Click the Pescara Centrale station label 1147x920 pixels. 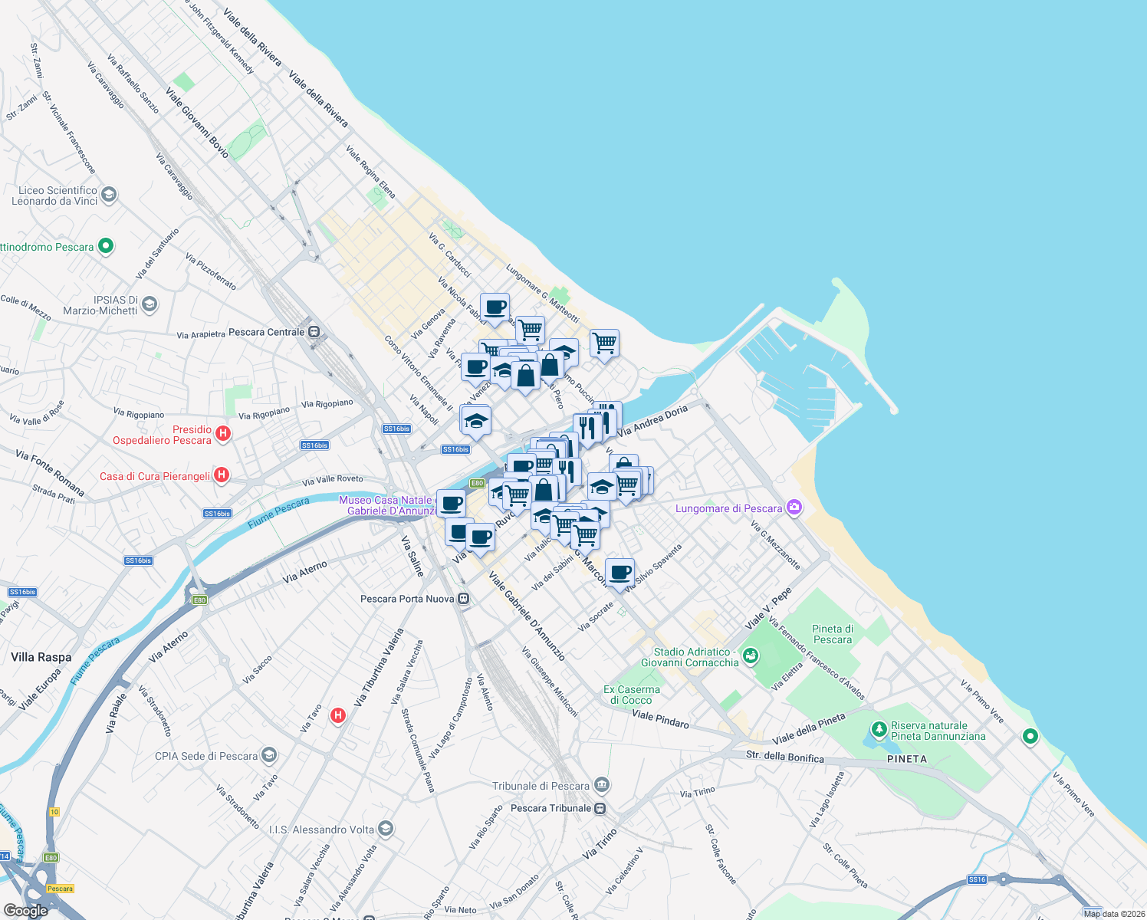point(267,332)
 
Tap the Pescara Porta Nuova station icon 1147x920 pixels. point(464,599)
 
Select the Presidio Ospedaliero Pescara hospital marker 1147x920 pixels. point(223,434)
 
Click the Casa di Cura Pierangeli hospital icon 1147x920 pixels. point(221,475)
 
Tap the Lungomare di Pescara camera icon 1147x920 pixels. point(794,508)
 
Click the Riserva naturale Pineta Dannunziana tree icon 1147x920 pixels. point(879,728)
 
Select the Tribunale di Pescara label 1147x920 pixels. point(541,786)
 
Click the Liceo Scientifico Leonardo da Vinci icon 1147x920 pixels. point(108,194)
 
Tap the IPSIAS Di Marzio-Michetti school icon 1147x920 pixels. point(150,304)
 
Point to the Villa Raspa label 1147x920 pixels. point(41,657)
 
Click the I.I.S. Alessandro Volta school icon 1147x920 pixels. point(386,829)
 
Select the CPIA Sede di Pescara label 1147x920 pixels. point(206,756)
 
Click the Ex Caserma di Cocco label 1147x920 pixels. point(632,695)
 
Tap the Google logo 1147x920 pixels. point(25,910)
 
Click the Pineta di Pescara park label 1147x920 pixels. point(833,634)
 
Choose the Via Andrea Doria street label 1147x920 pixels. point(652,421)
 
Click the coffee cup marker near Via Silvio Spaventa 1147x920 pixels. point(620,572)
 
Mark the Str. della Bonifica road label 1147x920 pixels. point(785,757)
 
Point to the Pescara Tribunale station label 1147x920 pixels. point(550,808)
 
